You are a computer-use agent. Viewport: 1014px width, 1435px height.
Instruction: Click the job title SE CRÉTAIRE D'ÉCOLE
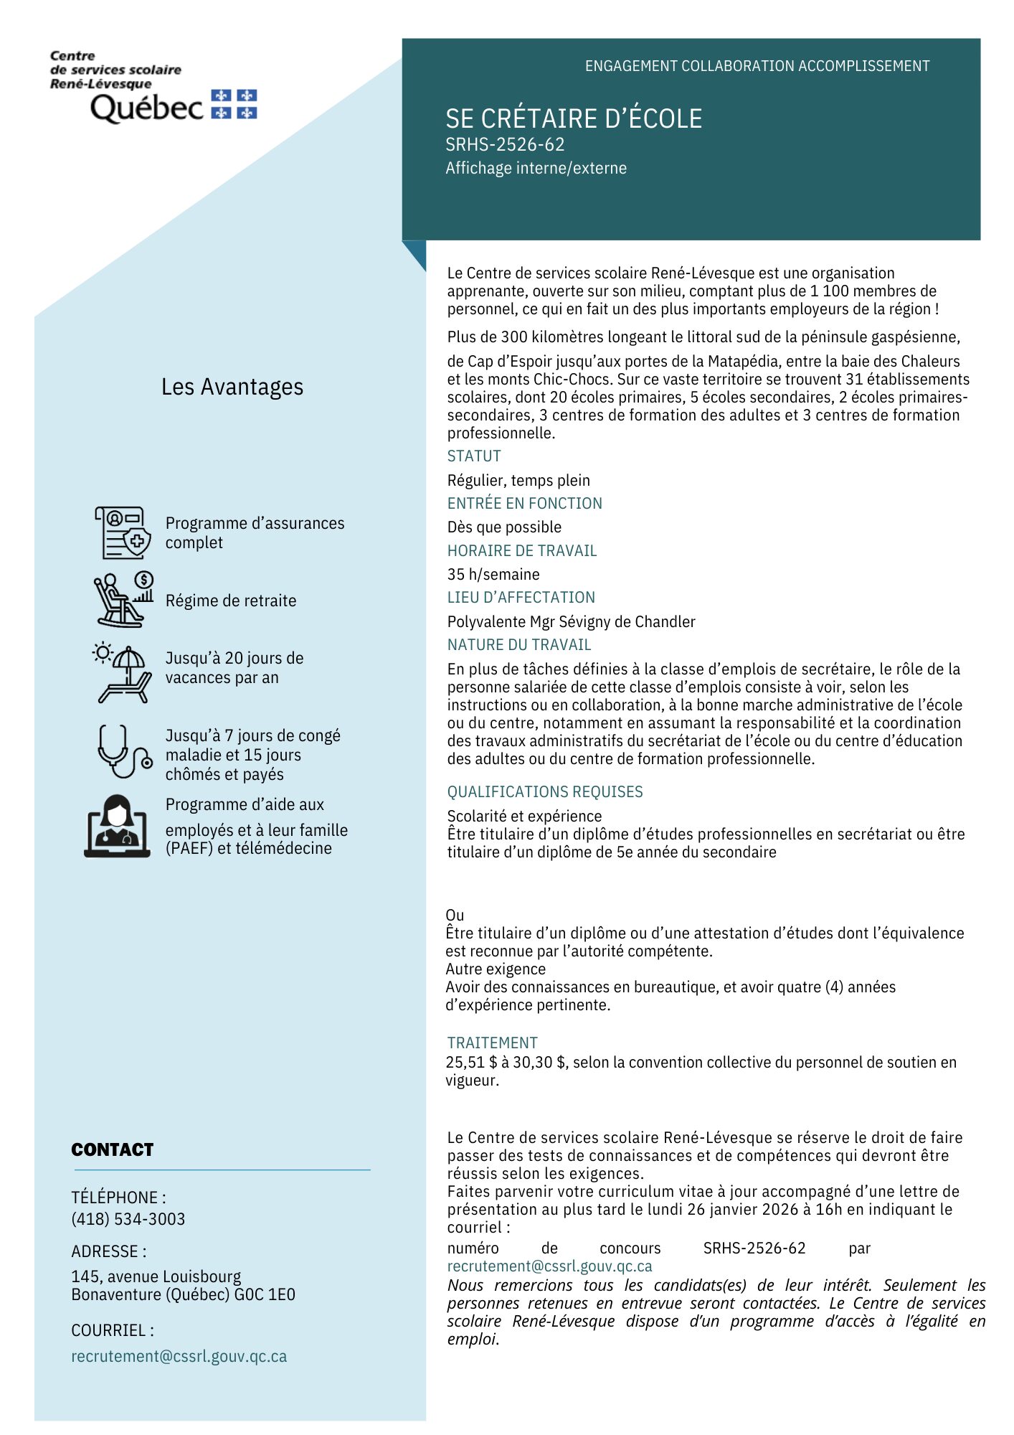[574, 118]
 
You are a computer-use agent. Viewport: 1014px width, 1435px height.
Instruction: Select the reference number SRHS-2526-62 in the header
[505, 145]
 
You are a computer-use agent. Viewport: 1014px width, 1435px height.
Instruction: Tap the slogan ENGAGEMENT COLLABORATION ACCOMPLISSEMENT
[757, 66]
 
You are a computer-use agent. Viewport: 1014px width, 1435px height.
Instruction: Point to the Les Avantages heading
[232, 387]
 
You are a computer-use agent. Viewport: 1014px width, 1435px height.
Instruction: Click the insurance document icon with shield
[123, 532]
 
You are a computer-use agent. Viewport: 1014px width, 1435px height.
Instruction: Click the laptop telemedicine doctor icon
[118, 826]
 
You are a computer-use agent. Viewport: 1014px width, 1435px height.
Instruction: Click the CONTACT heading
[113, 1149]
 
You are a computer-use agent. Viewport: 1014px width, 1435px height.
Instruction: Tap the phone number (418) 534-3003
[128, 1219]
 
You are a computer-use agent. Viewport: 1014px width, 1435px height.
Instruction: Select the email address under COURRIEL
[179, 1356]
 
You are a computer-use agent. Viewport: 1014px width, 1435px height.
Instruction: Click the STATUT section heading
[474, 456]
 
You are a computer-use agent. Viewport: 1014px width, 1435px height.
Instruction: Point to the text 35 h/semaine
[493, 574]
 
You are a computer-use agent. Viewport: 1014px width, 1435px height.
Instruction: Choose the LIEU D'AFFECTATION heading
[521, 598]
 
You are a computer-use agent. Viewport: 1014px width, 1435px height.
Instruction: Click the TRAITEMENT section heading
[492, 1043]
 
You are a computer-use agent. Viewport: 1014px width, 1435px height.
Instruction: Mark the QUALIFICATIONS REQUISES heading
[545, 791]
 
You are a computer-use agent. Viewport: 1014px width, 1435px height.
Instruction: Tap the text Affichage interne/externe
[536, 168]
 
